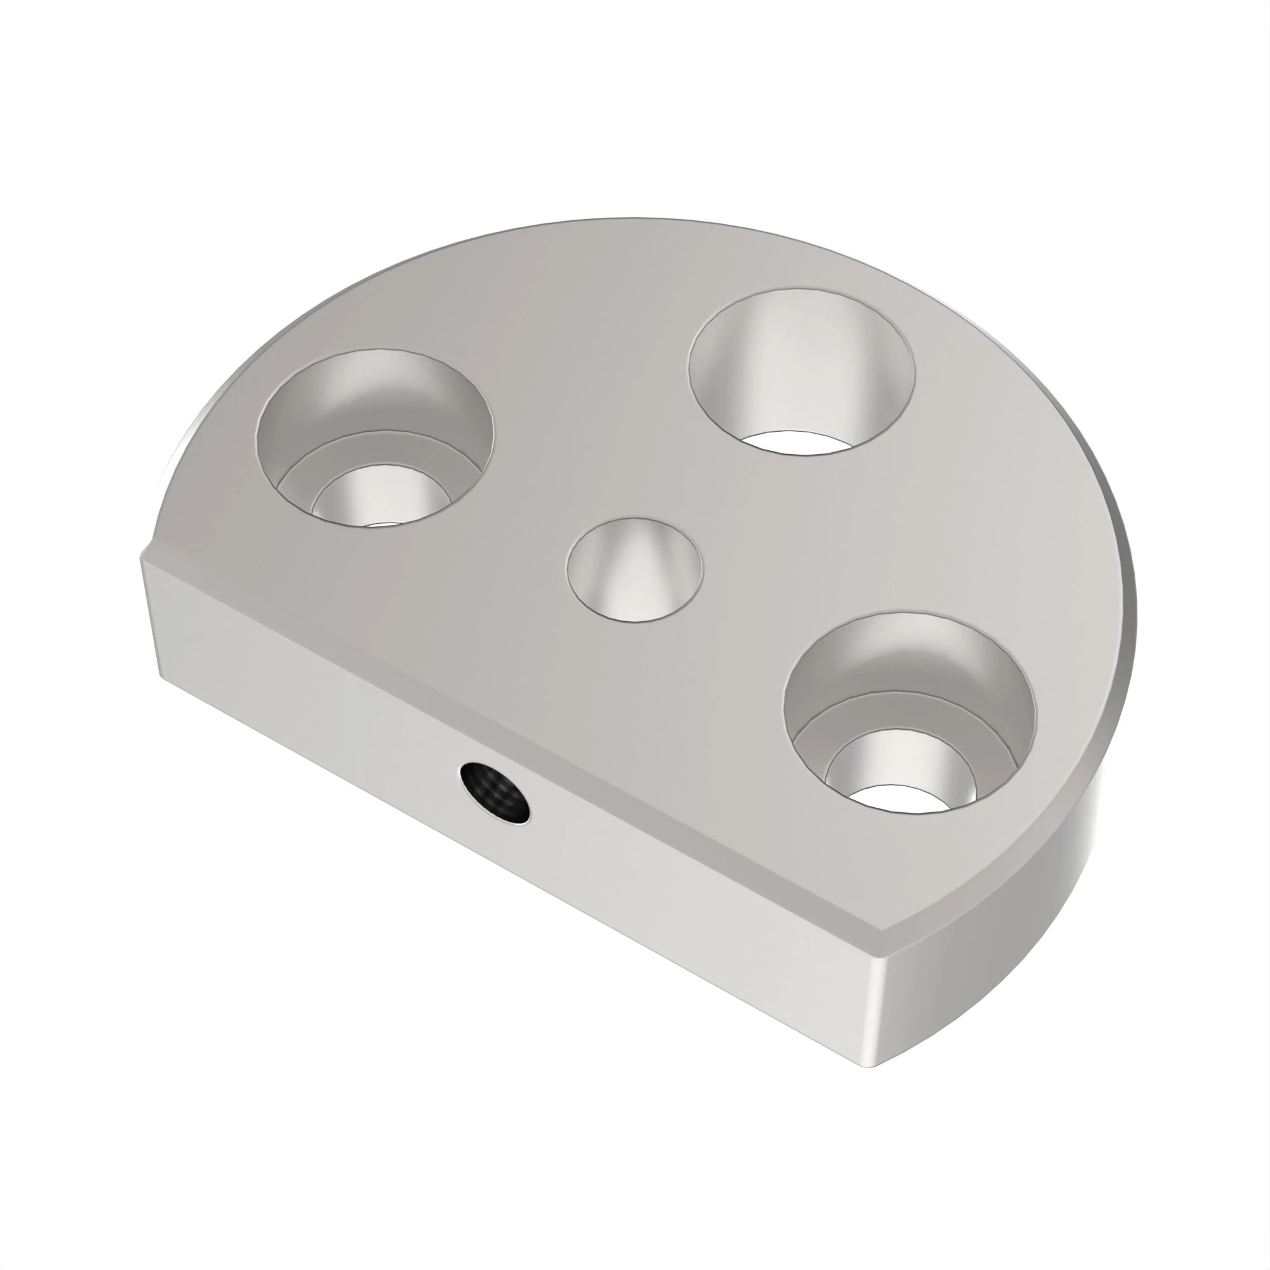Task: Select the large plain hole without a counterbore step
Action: (801, 368)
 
